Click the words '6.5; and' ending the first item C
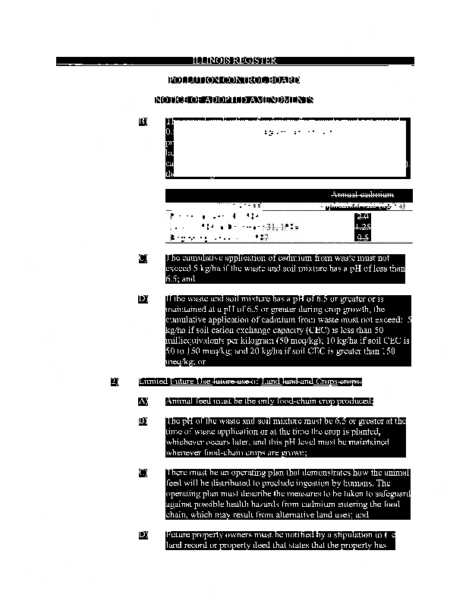181,279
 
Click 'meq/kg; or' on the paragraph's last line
185,362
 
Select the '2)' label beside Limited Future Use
115,381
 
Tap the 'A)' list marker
143,401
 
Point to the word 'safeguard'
390,493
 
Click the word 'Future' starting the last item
179,536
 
